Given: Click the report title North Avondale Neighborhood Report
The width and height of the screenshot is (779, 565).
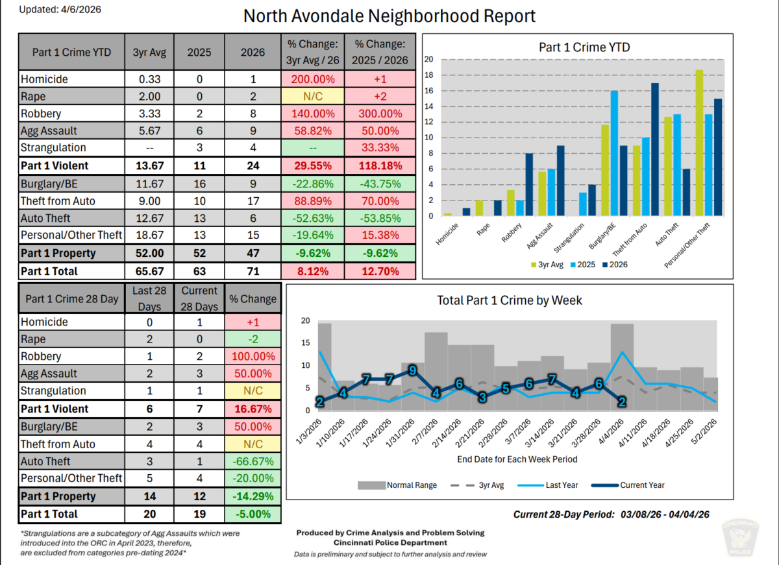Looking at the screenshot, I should [389, 16].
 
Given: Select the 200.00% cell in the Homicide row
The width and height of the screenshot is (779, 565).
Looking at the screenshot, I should [312, 79].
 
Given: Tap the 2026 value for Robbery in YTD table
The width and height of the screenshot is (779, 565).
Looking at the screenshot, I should [253, 114].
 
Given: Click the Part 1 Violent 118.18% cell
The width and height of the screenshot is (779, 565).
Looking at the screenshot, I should [380, 165].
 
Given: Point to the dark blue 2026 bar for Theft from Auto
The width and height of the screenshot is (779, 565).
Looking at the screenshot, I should [655, 150].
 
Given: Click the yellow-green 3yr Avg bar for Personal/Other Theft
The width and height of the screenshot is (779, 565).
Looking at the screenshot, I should [699, 143].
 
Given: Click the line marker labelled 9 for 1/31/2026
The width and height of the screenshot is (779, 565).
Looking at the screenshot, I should [412, 370].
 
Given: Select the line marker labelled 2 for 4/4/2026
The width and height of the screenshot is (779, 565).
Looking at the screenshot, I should [621, 402].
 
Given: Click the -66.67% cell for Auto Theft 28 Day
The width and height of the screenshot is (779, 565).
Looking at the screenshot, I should [253, 462].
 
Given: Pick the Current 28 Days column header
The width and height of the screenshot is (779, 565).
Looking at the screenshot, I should [199, 299].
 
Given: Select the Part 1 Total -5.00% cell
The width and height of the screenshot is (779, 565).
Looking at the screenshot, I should [253, 514].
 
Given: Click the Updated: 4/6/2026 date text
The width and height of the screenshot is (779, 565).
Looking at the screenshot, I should [52, 9].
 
